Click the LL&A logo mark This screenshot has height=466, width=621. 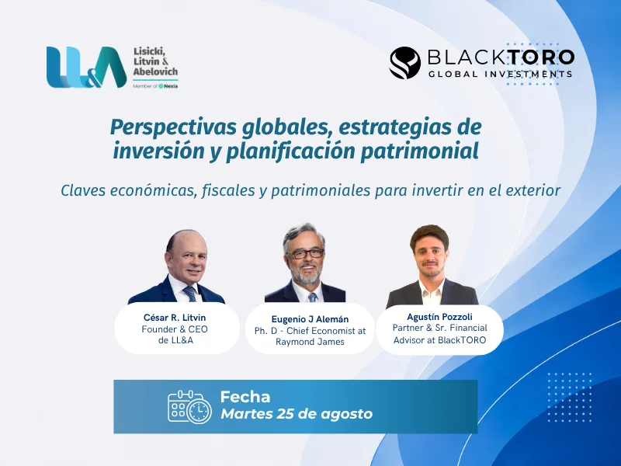pos(86,68)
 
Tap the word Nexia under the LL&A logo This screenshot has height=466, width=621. pos(171,86)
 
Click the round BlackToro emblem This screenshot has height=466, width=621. pos(404,63)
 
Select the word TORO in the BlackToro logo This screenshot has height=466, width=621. pos(541,57)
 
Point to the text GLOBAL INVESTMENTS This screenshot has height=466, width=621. pos(501,74)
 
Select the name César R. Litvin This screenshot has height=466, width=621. pos(175,318)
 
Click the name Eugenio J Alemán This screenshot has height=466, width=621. pos(310,319)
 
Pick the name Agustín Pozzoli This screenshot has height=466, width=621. pos(439,317)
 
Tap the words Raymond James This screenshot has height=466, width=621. pos(310,342)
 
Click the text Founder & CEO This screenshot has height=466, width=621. pos(175,329)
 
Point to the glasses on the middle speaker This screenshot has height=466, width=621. pos(307,253)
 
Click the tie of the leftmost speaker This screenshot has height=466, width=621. pos(190,294)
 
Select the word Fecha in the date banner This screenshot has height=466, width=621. pos(245,397)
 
